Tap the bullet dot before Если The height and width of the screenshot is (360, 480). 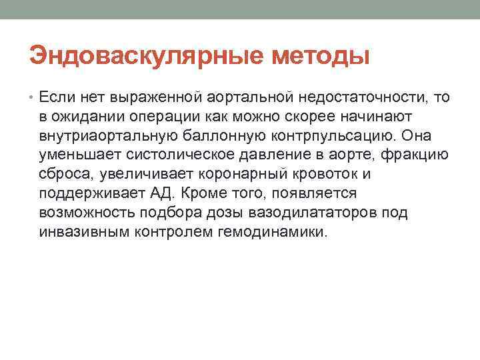(x=33, y=98)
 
